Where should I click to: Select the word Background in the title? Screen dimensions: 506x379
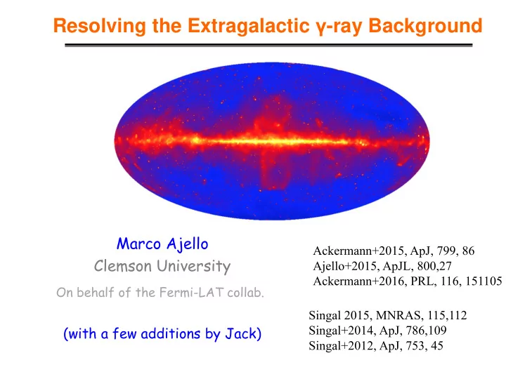coord(425,25)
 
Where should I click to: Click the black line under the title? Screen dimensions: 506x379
coord(268,45)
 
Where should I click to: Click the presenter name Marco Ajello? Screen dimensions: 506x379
coord(162,244)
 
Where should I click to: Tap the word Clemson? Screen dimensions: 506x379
coord(122,266)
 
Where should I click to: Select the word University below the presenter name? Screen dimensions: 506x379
coord(194,267)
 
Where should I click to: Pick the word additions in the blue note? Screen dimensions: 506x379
coord(170,333)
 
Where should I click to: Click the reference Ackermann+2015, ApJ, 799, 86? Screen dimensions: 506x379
coord(394,251)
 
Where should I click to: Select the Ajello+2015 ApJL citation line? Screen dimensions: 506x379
coord(382,266)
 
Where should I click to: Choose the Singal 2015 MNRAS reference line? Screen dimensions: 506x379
coord(387,315)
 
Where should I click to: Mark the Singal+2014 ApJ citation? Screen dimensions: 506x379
coord(377,331)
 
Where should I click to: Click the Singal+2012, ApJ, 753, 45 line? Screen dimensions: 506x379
coord(376,345)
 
